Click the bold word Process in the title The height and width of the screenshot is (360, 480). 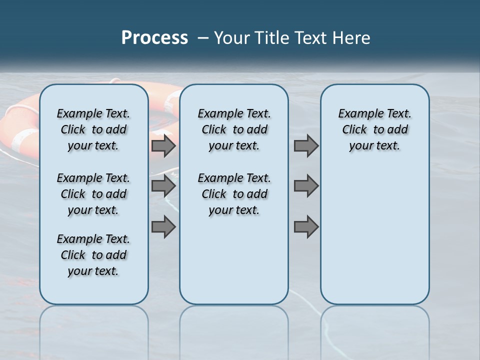point(154,38)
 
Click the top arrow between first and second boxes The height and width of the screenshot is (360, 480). point(163,146)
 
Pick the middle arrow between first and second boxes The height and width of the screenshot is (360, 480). point(163,186)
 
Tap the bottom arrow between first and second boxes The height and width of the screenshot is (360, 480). point(163,227)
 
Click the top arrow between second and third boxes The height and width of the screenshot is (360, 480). point(306,146)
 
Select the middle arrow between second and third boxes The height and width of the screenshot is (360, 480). point(306,186)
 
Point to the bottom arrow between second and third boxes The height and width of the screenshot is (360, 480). point(306,227)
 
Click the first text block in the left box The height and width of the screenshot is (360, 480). point(93,129)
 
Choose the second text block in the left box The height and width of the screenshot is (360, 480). point(93,194)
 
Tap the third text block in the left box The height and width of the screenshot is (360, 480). point(93,255)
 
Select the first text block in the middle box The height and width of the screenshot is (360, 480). point(234,129)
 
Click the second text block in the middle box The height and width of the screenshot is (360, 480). point(234,194)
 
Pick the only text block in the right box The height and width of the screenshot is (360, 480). point(374,129)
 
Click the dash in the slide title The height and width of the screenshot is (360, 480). point(203,38)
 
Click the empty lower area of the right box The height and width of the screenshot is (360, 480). point(374,240)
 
